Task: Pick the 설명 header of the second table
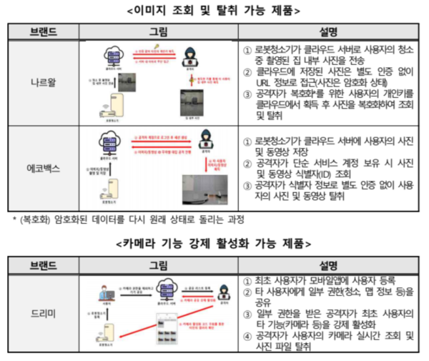[330, 264]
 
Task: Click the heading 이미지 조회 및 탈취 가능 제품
[214, 11]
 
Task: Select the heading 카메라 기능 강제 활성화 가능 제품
[214, 244]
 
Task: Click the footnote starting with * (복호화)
[129, 218]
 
